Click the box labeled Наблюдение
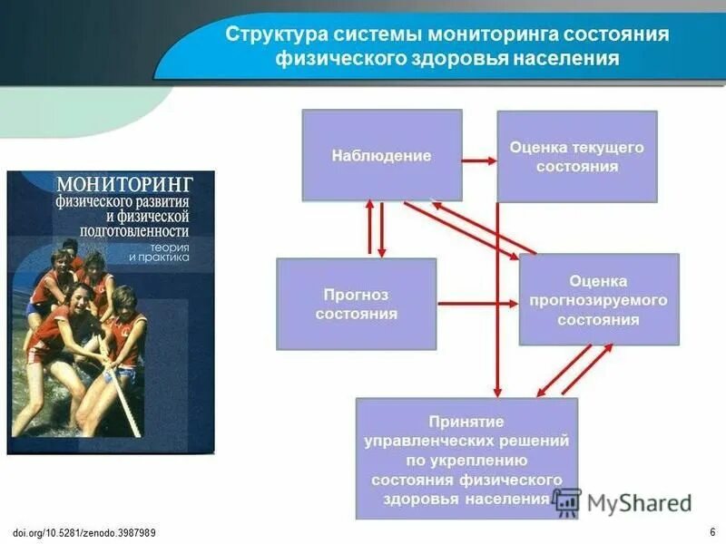pos(381,155)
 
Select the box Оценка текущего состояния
pos(576,156)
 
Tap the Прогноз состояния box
pos(356,304)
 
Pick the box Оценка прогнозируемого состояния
pos(598,299)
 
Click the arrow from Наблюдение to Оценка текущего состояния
pos(479,160)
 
